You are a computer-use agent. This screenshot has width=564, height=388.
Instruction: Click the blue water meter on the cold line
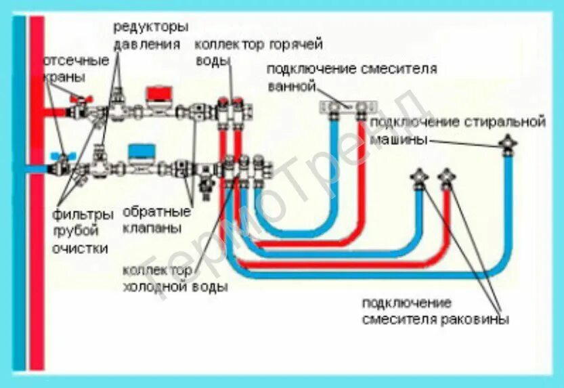[141, 151]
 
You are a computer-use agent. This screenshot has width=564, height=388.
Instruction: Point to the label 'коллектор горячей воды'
[258, 52]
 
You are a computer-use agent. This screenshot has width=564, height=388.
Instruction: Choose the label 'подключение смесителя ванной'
[350, 77]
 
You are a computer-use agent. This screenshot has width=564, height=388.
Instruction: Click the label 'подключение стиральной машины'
[457, 130]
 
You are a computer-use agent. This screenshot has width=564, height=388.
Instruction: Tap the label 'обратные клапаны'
[152, 220]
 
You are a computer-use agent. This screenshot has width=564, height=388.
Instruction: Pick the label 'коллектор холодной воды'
[174, 278]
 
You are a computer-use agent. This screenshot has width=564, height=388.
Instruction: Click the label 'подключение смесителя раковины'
[434, 311]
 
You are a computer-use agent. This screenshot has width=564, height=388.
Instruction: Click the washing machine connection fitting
[506, 144]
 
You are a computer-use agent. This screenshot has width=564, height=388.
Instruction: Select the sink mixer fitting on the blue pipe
[419, 179]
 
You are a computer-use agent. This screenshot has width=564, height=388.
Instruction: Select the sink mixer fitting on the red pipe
[446, 179]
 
